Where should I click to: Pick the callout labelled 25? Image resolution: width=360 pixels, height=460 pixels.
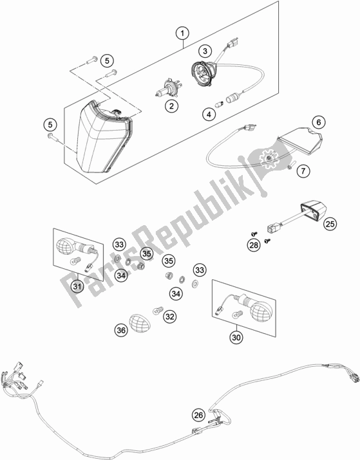click(x=330, y=223)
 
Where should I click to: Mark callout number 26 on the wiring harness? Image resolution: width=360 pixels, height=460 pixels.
click(x=199, y=416)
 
